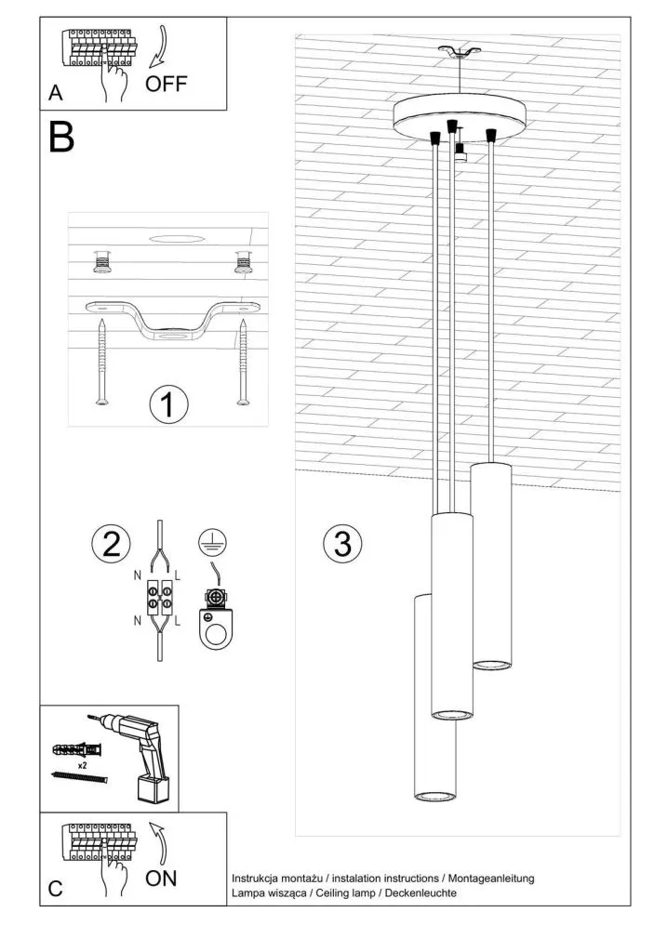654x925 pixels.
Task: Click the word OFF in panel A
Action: tap(167, 85)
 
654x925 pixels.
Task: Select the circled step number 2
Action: tap(111, 544)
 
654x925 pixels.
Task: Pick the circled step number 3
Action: tap(342, 544)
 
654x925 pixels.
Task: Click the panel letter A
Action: tap(57, 94)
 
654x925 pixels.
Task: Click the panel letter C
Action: tap(56, 890)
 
